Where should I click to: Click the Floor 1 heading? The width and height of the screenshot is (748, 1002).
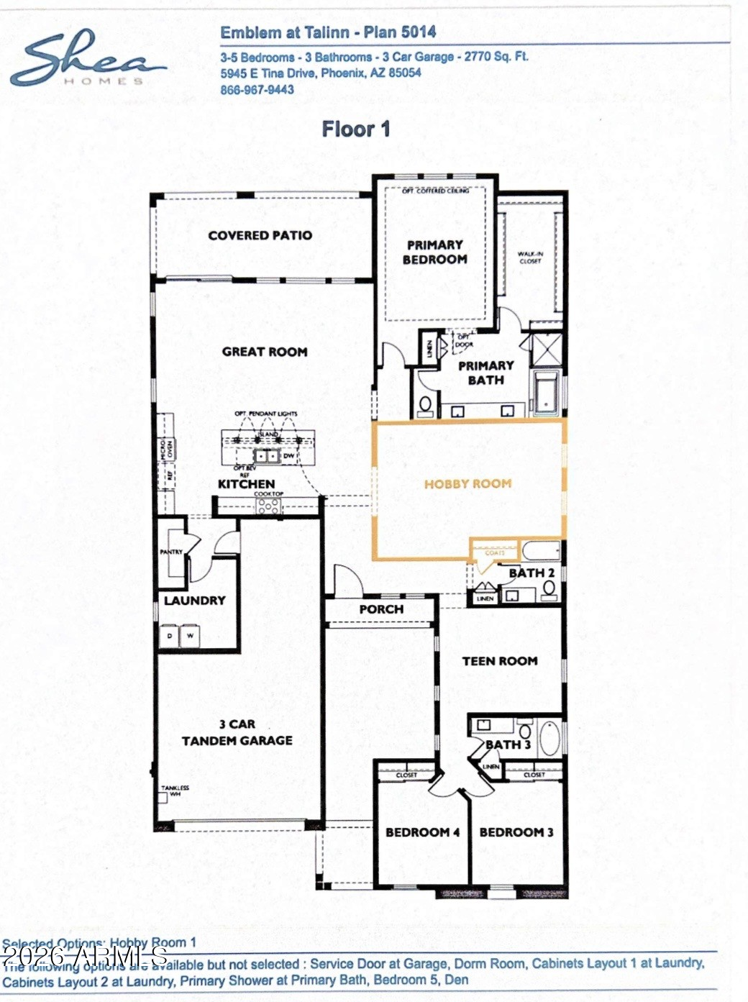355,129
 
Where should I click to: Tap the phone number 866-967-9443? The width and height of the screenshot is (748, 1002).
257,90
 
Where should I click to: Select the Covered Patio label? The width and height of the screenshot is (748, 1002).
260,235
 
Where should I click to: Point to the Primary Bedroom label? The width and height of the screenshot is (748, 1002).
434,252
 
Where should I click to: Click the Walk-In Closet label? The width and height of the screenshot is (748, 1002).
530,258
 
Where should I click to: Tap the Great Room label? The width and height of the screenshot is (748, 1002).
264,352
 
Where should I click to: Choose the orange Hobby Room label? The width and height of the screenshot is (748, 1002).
467,484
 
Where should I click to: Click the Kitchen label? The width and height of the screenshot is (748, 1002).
246,484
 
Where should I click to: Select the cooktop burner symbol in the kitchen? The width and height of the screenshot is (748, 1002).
268,506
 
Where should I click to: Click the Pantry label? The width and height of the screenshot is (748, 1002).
171,552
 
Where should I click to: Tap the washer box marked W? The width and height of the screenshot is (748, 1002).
190,636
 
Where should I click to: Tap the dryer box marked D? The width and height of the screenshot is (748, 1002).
170,636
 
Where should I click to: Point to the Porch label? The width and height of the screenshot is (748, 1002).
381,609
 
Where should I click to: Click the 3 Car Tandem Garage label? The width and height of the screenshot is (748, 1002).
237,732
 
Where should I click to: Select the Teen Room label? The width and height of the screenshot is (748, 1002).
499,661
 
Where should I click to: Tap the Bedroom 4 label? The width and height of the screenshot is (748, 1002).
421,832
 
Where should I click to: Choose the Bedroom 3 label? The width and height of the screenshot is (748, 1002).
516,832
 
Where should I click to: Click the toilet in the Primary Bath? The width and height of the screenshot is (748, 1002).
426,404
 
